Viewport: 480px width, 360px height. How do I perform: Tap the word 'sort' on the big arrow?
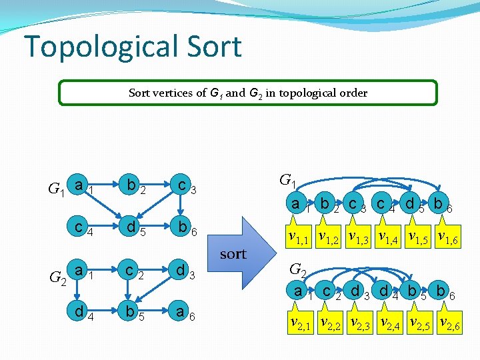[x=233, y=254]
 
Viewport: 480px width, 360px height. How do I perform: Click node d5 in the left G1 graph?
[x=133, y=229]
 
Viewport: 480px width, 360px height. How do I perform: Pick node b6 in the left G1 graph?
[x=182, y=229]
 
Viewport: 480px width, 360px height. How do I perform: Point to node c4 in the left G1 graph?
[x=79, y=229]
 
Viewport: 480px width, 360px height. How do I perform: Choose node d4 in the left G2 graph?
[x=79, y=312]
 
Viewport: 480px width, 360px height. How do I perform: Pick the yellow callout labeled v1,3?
[x=359, y=236]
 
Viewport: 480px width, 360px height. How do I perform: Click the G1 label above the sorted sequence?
[x=288, y=181]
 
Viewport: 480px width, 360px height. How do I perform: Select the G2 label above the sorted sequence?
[x=298, y=270]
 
